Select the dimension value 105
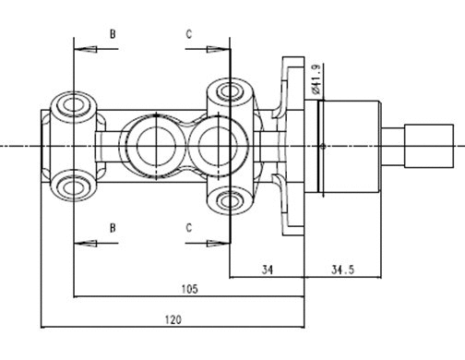188,289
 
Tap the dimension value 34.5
342,269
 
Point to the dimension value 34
268,269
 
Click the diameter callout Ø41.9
316,79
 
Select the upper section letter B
113,34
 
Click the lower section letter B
113,227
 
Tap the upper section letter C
189,34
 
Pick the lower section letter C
189,227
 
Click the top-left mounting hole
73,102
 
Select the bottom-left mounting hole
73,186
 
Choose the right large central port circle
214,145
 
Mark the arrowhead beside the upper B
80,48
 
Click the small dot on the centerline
322,146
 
